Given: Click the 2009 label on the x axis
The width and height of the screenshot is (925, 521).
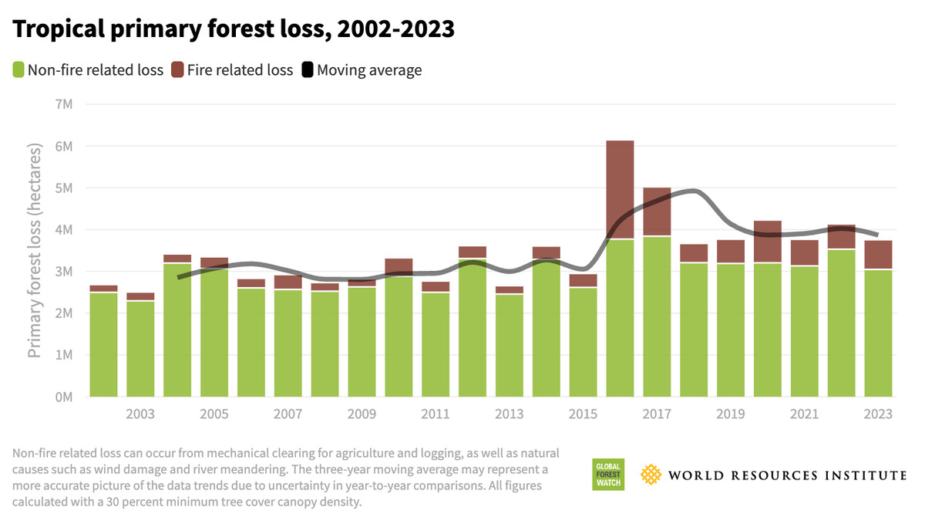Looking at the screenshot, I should [362, 414].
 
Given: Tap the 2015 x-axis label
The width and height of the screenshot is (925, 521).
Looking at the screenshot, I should [583, 414].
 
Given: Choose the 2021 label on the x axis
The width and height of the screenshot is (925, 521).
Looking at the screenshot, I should [804, 414].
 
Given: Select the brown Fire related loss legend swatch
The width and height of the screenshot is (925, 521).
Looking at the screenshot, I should [177, 70].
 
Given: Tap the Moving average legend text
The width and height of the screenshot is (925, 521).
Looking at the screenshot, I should [369, 70].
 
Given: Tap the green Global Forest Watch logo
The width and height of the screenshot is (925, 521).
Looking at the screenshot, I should [607, 474].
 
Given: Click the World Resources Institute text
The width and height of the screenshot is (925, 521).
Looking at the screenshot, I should [787, 475].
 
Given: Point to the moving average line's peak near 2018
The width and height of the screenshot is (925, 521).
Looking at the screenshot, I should [692, 191].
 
